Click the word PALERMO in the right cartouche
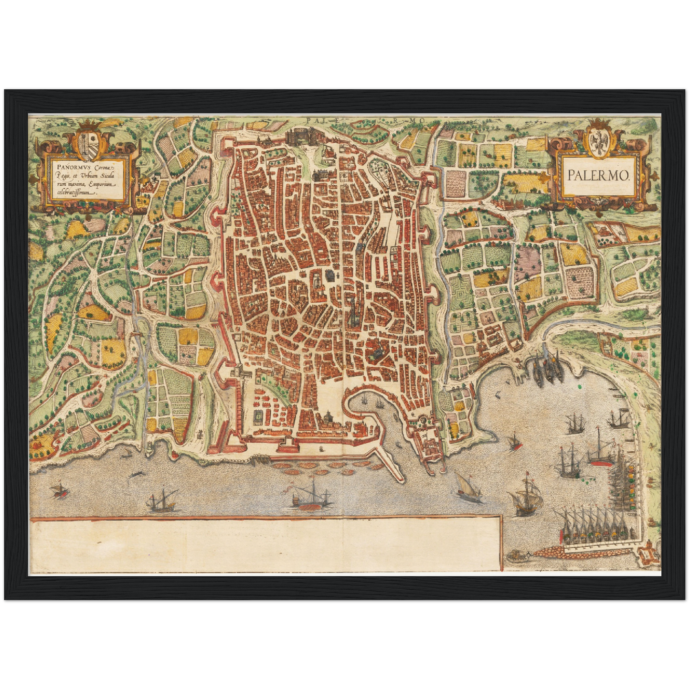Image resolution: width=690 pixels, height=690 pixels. coord(599,175)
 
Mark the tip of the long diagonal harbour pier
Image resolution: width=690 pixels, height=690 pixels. coord(399,478)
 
